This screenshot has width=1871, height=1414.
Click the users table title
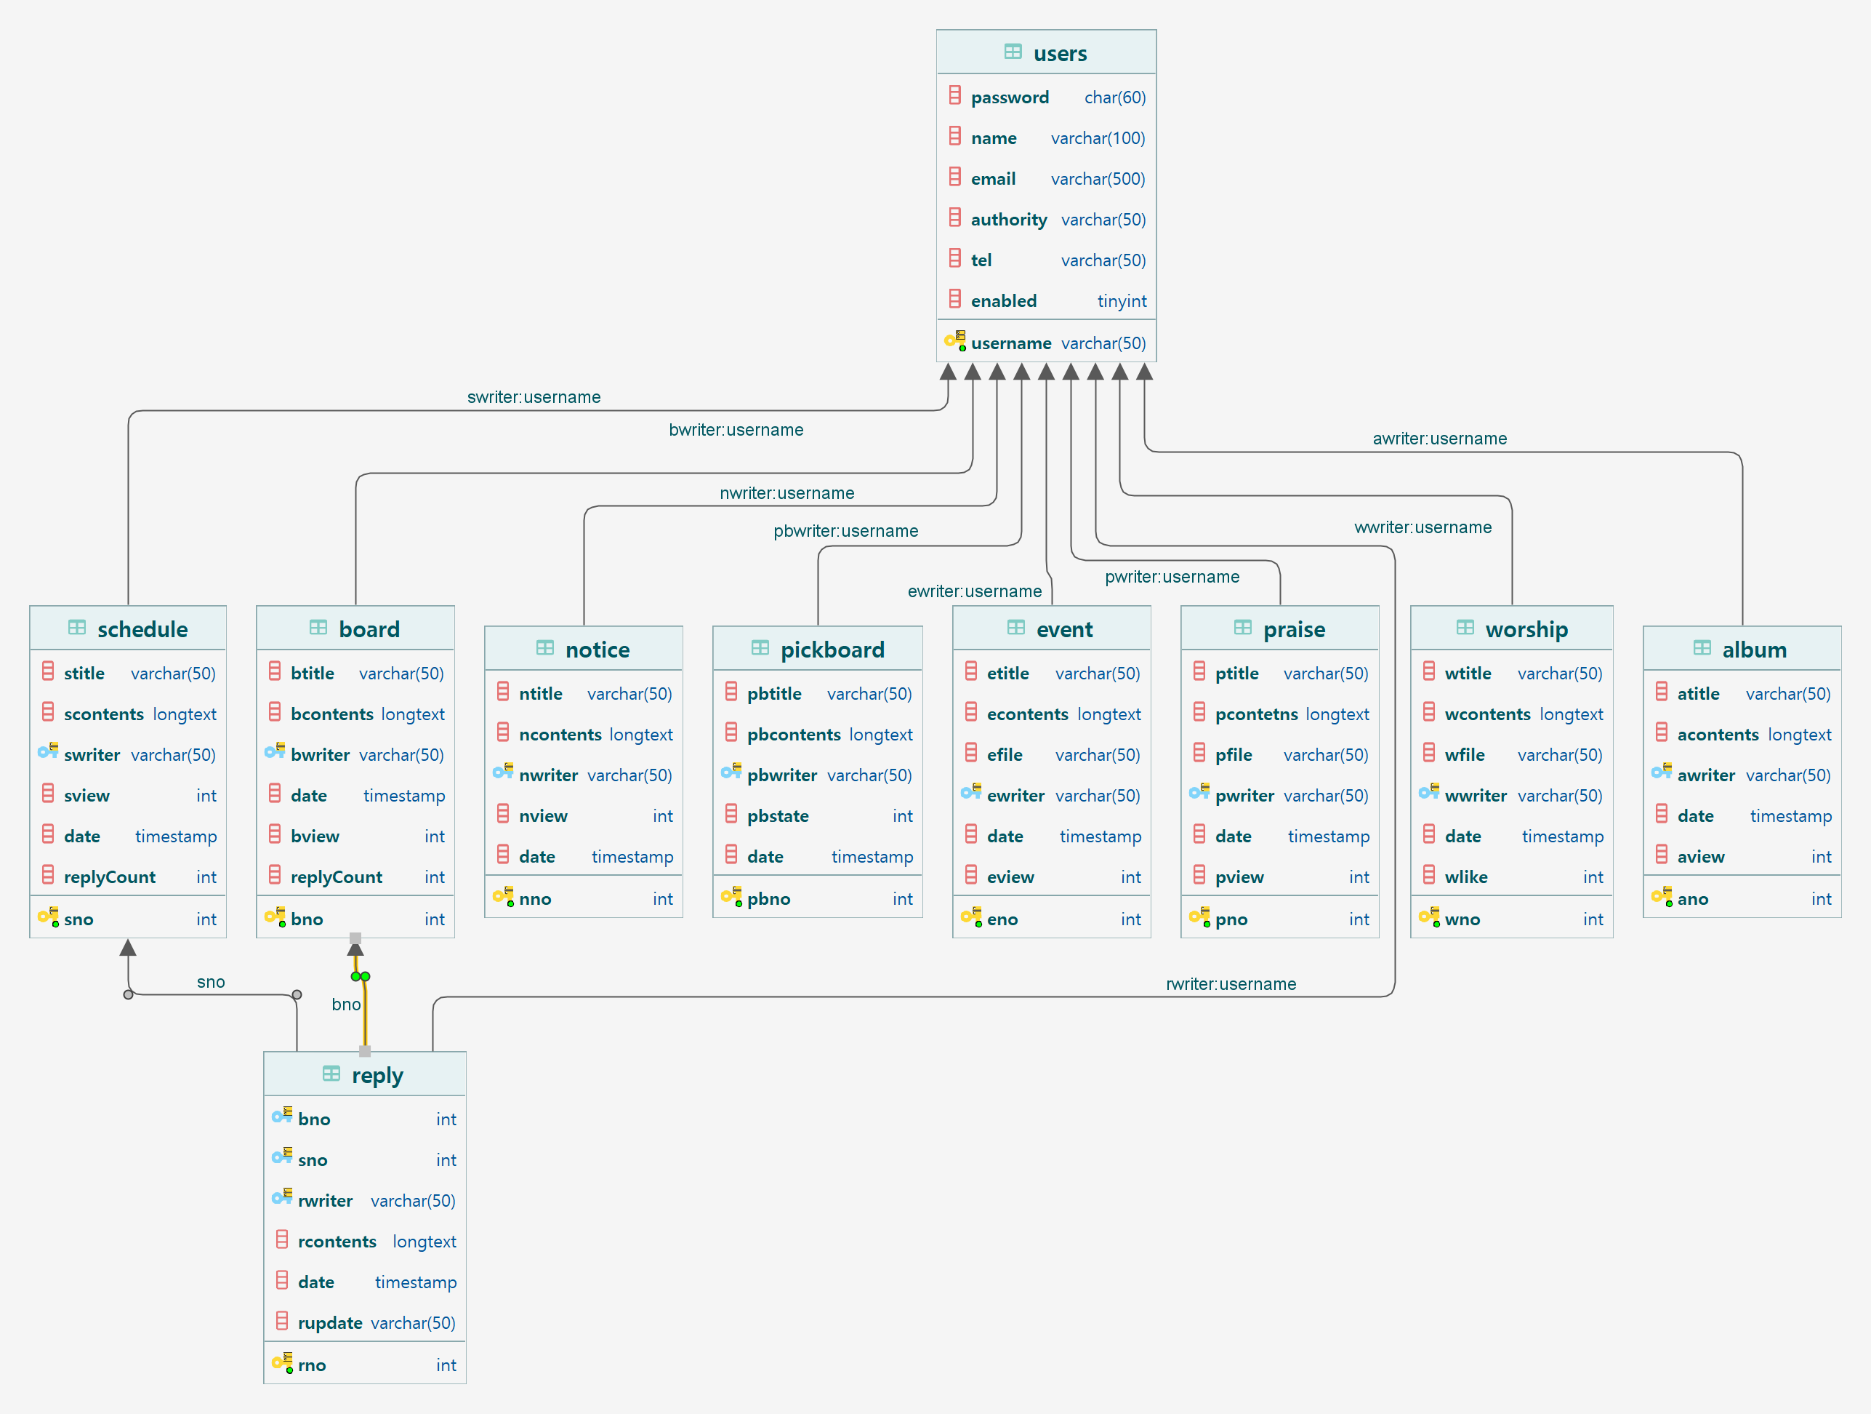coord(1059,53)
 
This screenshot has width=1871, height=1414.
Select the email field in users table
coord(993,178)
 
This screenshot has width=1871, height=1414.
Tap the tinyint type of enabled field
coord(1122,301)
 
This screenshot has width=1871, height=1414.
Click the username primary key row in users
coord(1011,343)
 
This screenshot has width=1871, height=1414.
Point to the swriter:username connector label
coord(534,397)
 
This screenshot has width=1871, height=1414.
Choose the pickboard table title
coord(832,650)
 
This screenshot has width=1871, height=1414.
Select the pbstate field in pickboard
coord(777,815)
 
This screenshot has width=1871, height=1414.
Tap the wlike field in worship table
coord(1466,876)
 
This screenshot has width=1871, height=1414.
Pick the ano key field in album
coord(1692,899)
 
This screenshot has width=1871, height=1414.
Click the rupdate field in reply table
coord(330,1322)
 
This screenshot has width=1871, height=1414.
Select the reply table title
coord(377,1076)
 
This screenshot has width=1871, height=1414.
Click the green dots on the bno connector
coord(361,977)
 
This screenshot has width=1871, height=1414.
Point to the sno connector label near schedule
coord(211,982)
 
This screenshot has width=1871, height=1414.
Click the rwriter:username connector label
coord(1231,983)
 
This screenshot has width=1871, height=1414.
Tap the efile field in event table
coord(1005,755)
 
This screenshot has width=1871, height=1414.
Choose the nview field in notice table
coord(543,815)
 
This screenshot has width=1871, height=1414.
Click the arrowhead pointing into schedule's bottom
coord(128,948)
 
